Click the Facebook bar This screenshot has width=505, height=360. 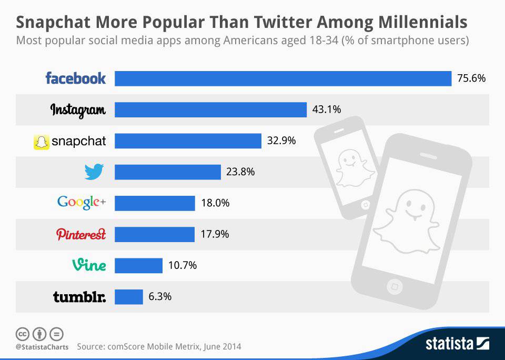pos(283,78)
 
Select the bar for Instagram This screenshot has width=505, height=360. pos(210,109)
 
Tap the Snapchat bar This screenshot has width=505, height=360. pos(188,141)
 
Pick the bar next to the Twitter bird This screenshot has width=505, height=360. pos(167,172)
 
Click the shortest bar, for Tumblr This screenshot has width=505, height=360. pos(129,296)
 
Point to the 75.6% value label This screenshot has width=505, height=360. pos(471,78)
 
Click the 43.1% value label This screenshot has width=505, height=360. pos(327,109)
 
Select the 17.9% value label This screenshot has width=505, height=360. pos(215,234)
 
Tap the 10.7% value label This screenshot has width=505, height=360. pos(183,265)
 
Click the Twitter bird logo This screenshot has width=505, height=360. pos(94,172)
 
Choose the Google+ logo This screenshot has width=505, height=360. pos(82,203)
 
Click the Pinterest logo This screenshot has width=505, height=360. pos(81,234)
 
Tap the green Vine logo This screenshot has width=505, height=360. pos(88,265)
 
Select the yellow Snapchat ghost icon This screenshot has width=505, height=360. pos(41,141)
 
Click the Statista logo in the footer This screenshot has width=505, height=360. pos(457,344)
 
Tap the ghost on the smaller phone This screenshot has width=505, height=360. pos(348,168)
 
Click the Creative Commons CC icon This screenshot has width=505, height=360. pos(23,334)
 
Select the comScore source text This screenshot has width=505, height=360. pos(159,347)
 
